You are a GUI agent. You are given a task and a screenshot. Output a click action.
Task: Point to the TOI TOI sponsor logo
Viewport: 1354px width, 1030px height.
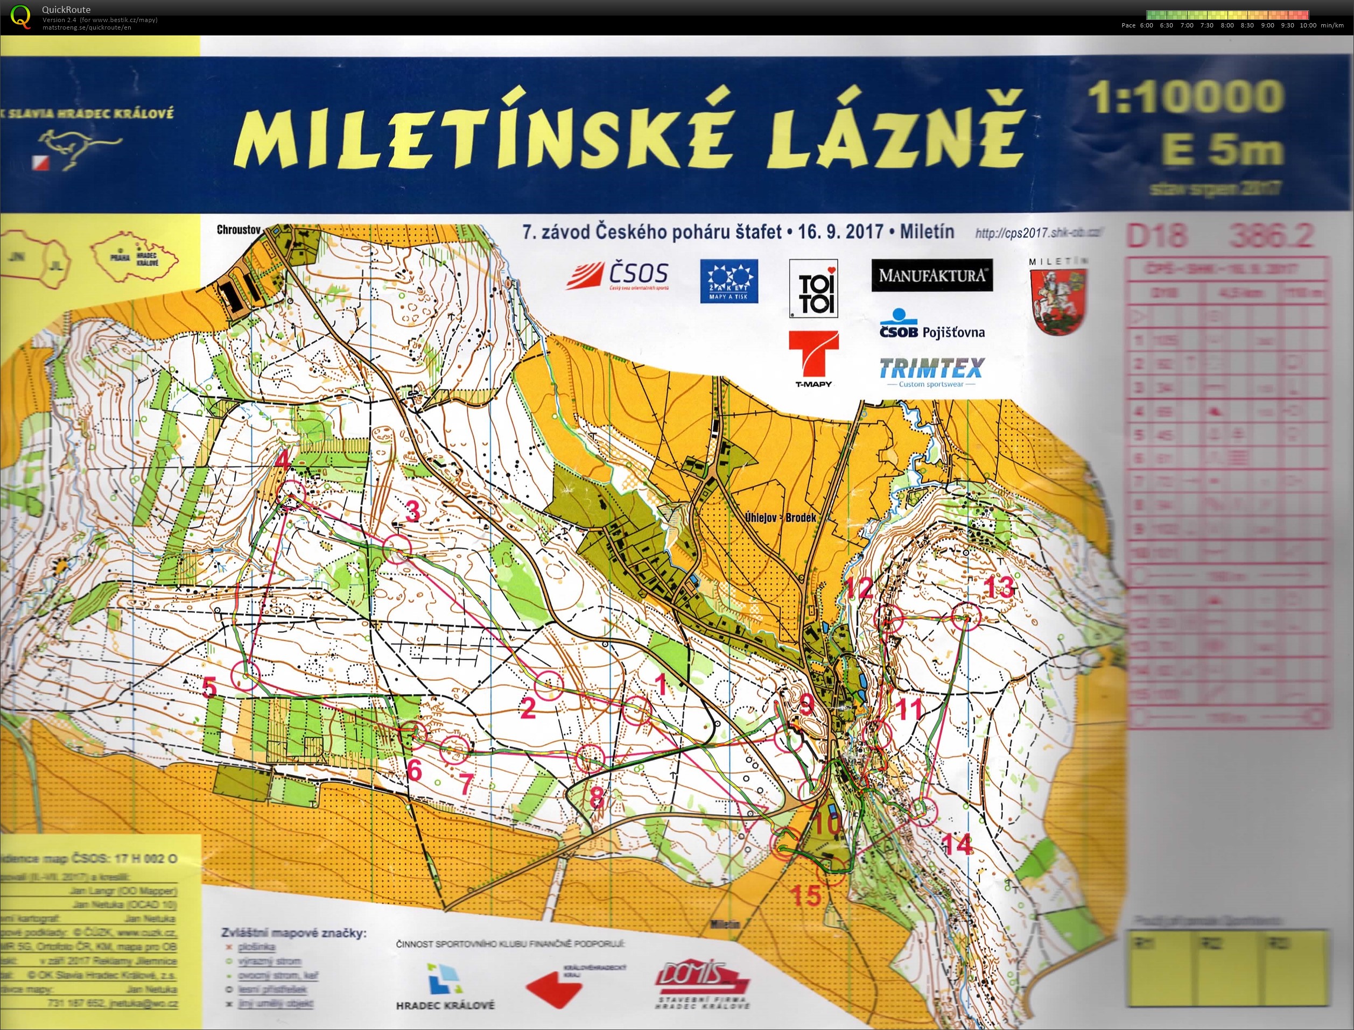[813, 288]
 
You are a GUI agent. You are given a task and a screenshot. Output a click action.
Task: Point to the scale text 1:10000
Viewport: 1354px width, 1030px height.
[1186, 97]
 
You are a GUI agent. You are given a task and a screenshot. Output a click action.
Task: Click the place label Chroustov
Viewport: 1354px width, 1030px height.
[239, 230]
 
